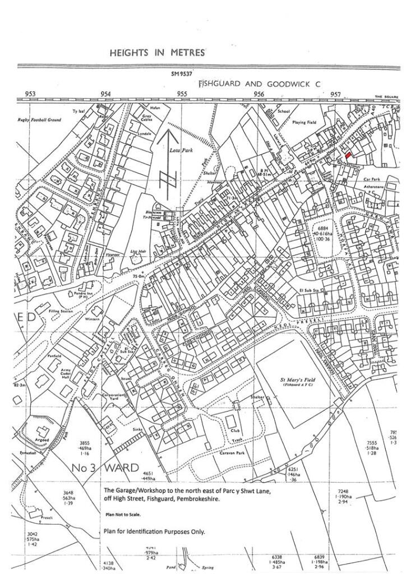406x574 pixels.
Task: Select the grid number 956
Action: click(x=259, y=94)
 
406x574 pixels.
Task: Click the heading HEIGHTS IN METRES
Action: click(x=157, y=53)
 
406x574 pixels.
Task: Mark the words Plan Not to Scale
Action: click(x=122, y=514)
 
